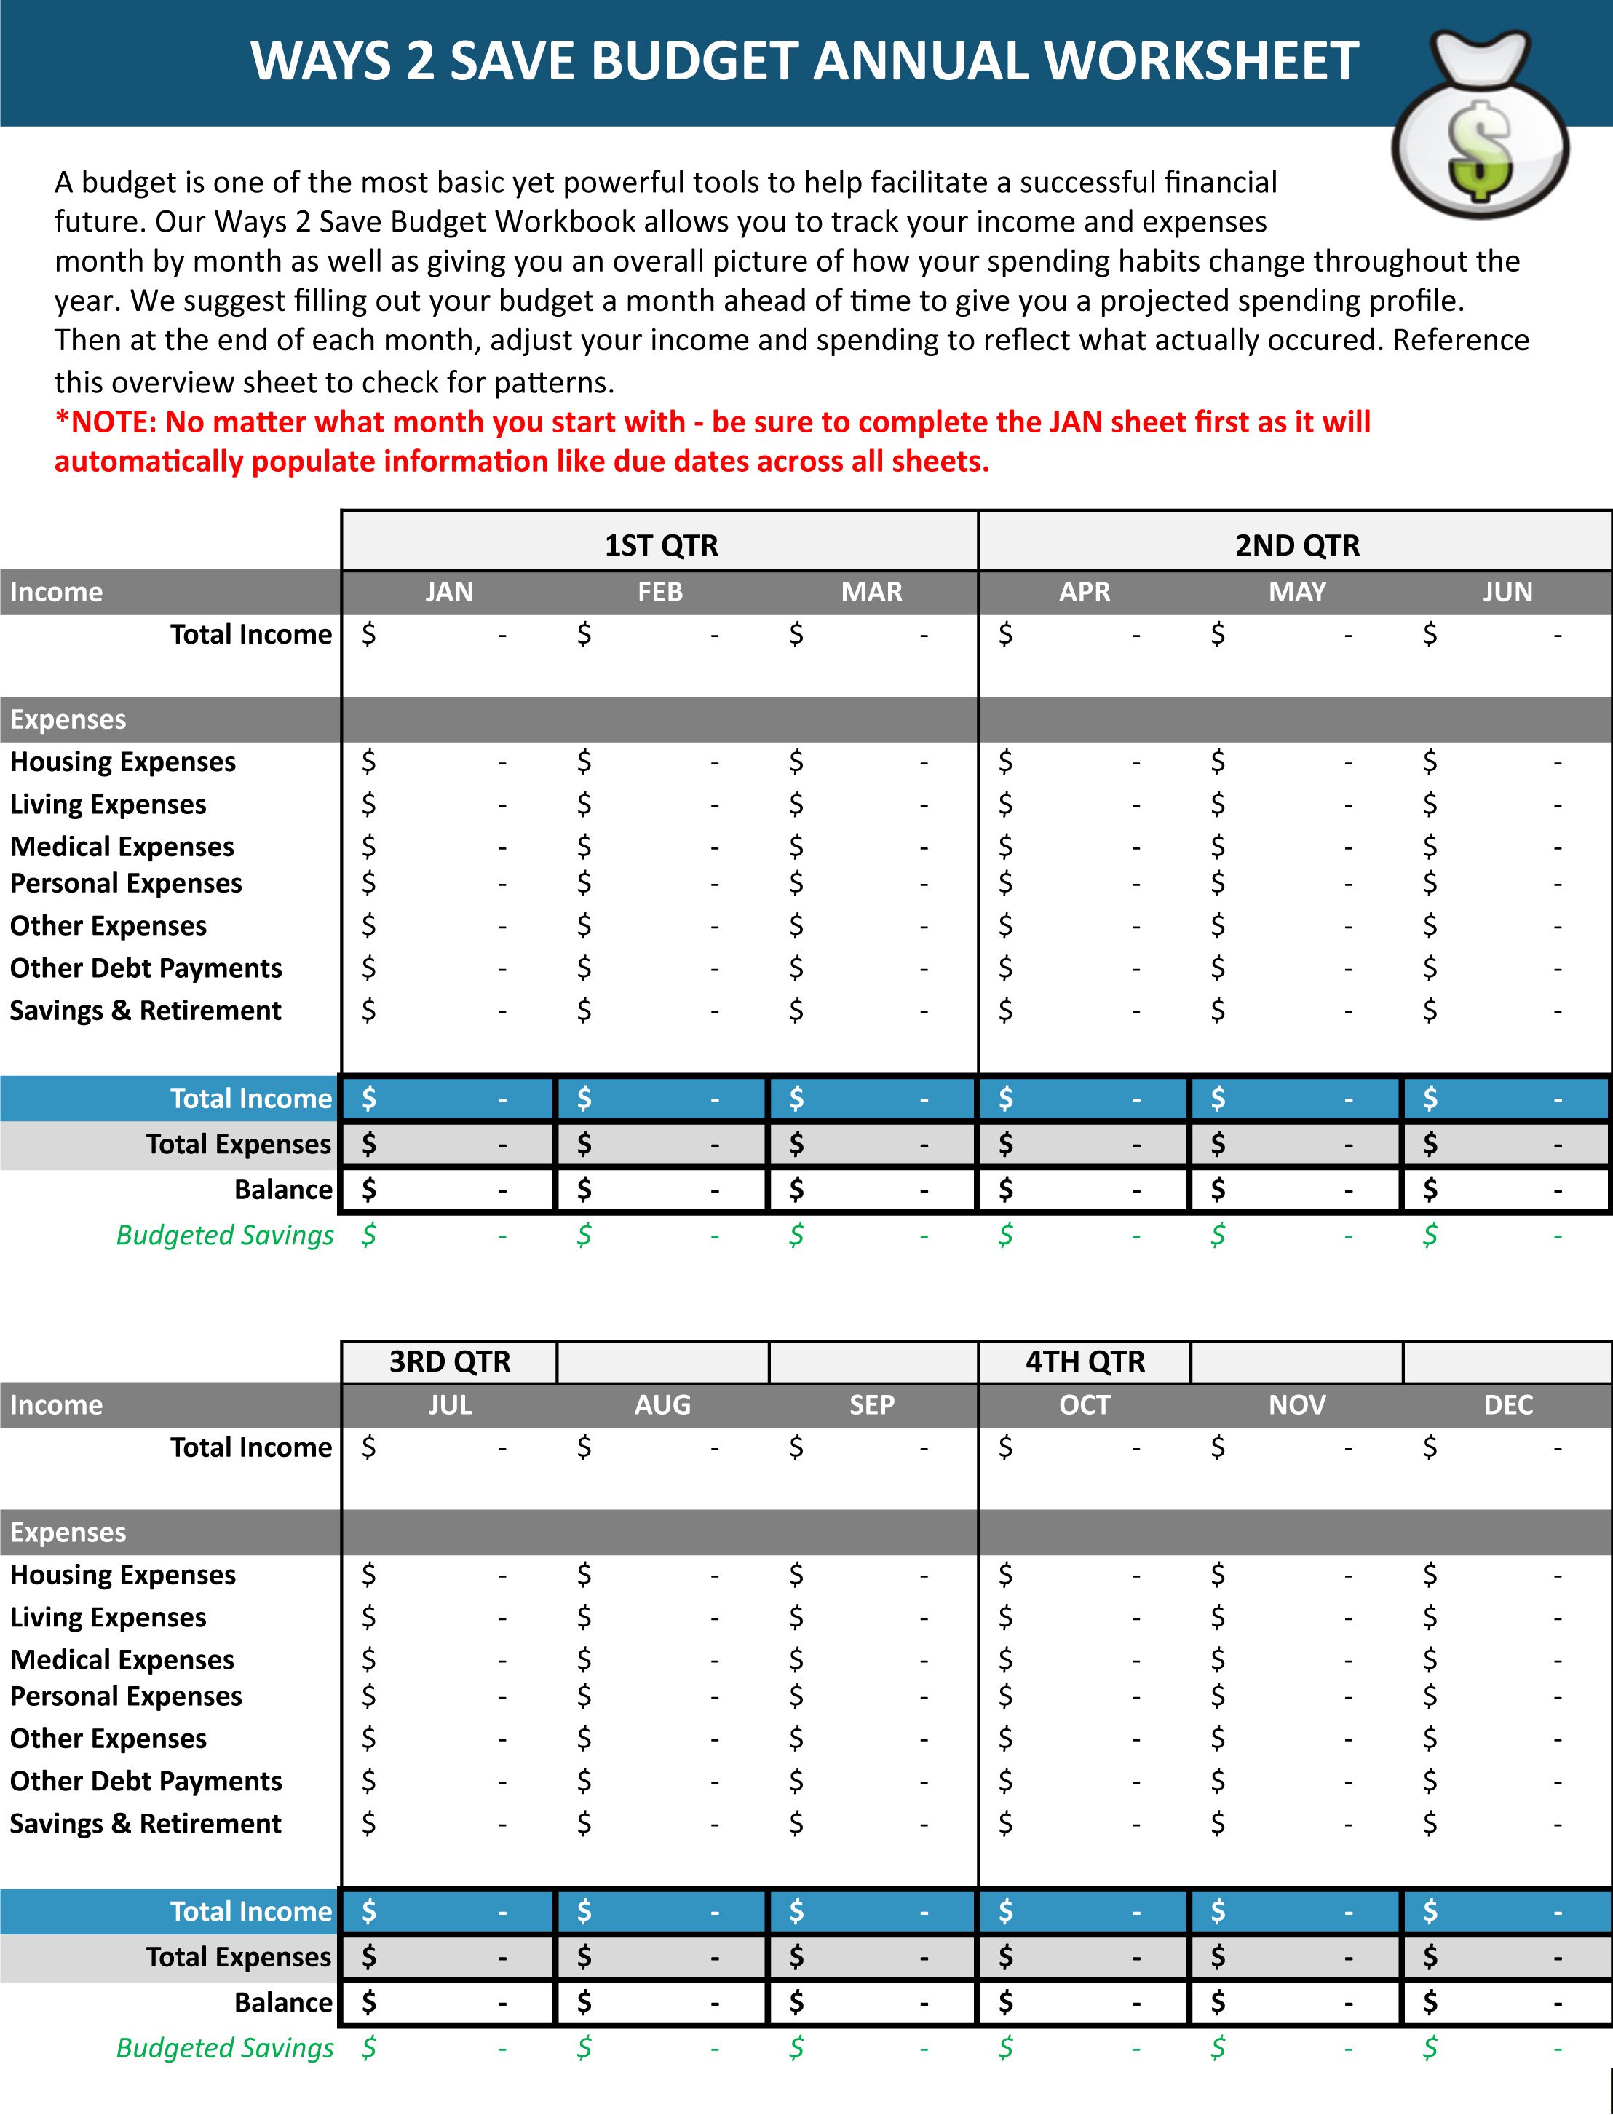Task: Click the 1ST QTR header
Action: coord(661,545)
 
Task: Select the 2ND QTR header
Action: coord(1296,545)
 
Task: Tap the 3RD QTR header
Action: coord(449,1361)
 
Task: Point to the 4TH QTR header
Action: coord(1085,1361)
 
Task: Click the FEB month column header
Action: coord(661,591)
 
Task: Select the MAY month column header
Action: coord(1296,591)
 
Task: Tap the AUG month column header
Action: coord(662,1404)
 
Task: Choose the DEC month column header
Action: coord(1507,1404)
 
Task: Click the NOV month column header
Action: coord(1296,1404)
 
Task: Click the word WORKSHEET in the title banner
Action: coord(1200,61)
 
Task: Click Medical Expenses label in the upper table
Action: coord(122,846)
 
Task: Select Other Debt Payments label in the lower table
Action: coord(146,1781)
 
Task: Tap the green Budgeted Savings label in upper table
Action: coord(225,1235)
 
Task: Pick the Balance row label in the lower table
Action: coord(283,2003)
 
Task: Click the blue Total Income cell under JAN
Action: coord(448,1099)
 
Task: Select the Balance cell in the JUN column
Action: coord(1505,1190)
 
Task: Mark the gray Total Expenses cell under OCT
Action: coord(1083,1956)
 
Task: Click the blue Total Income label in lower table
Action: coord(250,1911)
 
